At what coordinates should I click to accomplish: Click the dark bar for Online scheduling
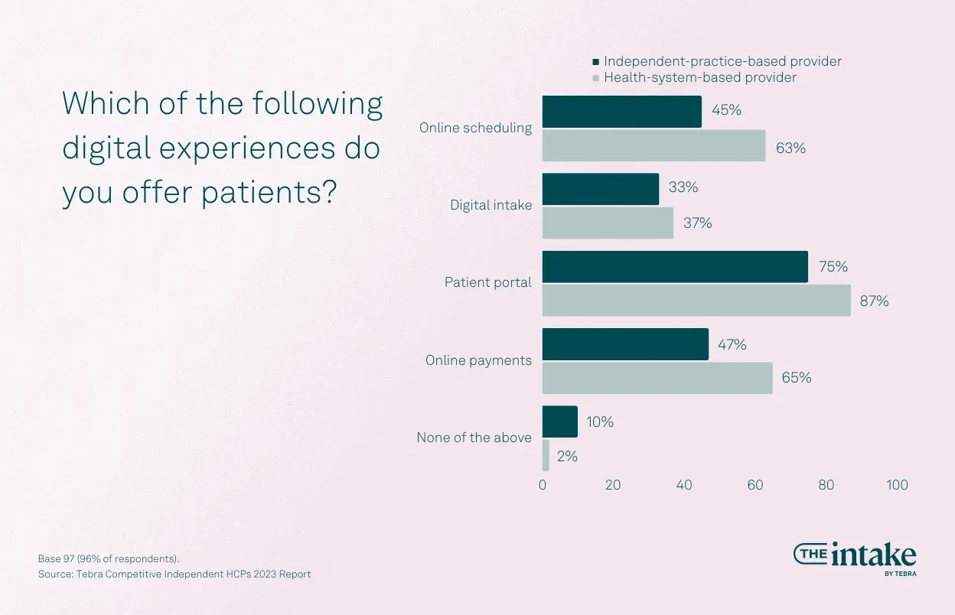point(621,112)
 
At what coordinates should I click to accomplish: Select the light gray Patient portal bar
point(696,300)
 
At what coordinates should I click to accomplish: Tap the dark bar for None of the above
point(559,421)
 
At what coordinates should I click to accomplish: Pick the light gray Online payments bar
point(657,378)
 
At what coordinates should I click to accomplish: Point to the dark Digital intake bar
point(600,189)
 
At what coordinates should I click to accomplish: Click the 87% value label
point(874,301)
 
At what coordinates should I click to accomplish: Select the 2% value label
point(567,457)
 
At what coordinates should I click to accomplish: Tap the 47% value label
point(732,345)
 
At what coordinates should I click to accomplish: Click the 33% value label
point(683,188)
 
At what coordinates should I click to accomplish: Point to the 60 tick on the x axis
point(755,485)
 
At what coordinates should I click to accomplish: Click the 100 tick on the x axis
point(897,485)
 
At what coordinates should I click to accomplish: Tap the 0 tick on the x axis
point(543,485)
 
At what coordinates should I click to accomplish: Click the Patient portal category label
point(487,282)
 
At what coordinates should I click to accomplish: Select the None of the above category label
point(474,438)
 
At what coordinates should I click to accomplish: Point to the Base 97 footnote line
point(108,558)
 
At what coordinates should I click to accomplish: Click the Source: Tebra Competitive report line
point(174,574)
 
